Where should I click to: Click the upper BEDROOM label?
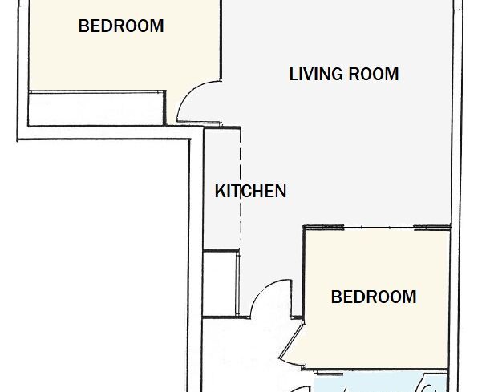point(121,26)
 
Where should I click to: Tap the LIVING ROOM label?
point(344,75)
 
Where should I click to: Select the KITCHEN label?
point(251,191)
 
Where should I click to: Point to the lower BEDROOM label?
point(374,297)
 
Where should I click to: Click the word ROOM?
point(374,75)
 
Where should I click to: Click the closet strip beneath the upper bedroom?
point(96,109)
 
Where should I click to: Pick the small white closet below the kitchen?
point(220,283)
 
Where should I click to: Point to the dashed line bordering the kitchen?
point(240,188)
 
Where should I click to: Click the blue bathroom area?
point(380,382)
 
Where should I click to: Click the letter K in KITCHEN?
point(220,191)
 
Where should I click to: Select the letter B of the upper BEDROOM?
point(83,26)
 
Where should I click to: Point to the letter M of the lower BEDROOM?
point(410,297)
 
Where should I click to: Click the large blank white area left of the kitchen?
point(103,265)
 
